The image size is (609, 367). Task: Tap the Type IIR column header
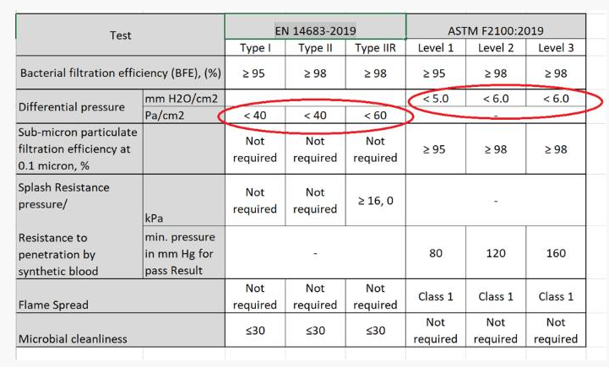[x=375, y=48]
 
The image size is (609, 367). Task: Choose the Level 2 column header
[x=496, y=48]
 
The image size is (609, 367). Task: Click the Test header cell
[x=121, y=35]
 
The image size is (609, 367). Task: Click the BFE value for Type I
[x=254, y=73]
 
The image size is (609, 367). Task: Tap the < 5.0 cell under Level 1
[x=436, y=99]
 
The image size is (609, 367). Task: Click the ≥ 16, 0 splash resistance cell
[x=375, y=200]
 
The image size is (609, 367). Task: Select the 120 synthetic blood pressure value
[x=496, y=254]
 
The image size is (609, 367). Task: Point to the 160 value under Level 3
[x=555, y=254]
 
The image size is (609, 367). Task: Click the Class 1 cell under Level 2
[x=496, y=296]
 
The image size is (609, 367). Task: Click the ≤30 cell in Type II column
[x=315, y=331]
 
